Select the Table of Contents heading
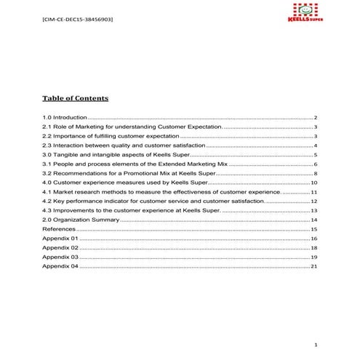tap(75, 98)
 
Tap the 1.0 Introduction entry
tap(65, 117)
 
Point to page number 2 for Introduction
tap(315, 117)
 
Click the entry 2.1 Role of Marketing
tap(131, 127)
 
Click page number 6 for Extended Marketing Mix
tap(315, 164)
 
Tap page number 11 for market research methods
tap(313, 192)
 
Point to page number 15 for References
tap(313, 229)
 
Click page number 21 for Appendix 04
tap(313, 266)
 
